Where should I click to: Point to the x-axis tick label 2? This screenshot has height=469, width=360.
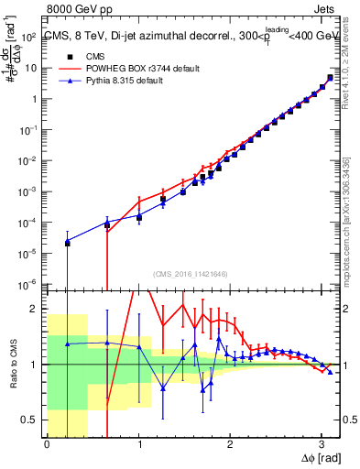[230, 445]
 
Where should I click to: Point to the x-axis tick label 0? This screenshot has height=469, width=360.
[47, 445]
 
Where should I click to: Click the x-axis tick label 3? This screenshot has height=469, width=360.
[322, 445]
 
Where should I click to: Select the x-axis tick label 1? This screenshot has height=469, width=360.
[138, 445]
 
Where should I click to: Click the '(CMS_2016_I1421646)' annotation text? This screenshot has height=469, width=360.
[189, 273]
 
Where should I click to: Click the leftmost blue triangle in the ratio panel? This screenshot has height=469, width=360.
[67, 344]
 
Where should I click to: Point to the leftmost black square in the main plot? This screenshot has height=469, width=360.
[67, 243]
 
